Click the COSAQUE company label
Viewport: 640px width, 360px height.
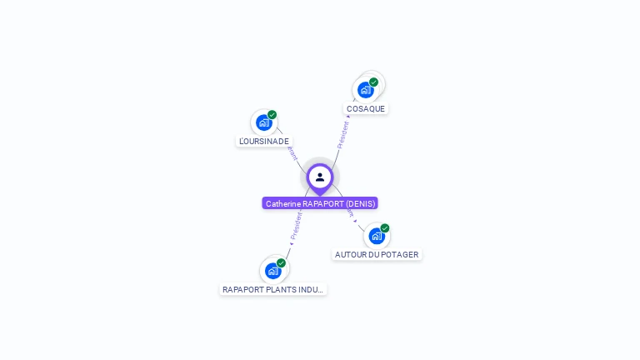(x=366, y=108)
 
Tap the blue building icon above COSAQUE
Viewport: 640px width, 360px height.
(x=365, y=90)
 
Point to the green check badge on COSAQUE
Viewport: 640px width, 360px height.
(x=374, y=82)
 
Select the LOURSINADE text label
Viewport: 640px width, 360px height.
(x=264, y=141)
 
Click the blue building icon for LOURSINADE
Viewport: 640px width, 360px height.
(x=263, y=122)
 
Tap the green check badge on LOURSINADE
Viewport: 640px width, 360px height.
(x=272, y=115)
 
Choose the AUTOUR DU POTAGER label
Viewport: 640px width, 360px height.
(x=377, y=254)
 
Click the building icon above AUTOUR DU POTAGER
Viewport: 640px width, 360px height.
(x=376, y=236)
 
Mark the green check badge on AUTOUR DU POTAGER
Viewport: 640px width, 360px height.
(x=385, y=227)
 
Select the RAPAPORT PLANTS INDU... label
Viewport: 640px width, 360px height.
(x=273, y=289)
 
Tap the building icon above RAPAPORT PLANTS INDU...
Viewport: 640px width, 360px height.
(x=272, y=271)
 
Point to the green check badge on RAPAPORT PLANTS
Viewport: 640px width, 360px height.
(x=282, y=262)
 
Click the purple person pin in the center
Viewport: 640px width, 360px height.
(x=320, y=177)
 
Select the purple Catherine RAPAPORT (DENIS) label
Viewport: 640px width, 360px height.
(x=320, y=203)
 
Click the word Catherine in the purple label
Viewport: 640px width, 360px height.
(x=282, y=203)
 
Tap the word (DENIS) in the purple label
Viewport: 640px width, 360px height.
(x=361, y=203)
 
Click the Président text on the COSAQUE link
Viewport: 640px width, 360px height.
(x=342, y=134)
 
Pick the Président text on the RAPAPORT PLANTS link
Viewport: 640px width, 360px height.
(x=296, y=225)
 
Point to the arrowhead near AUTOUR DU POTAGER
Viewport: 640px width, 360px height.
(x=356, y=221)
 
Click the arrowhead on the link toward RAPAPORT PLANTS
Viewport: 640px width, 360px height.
(x=291, y=243)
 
